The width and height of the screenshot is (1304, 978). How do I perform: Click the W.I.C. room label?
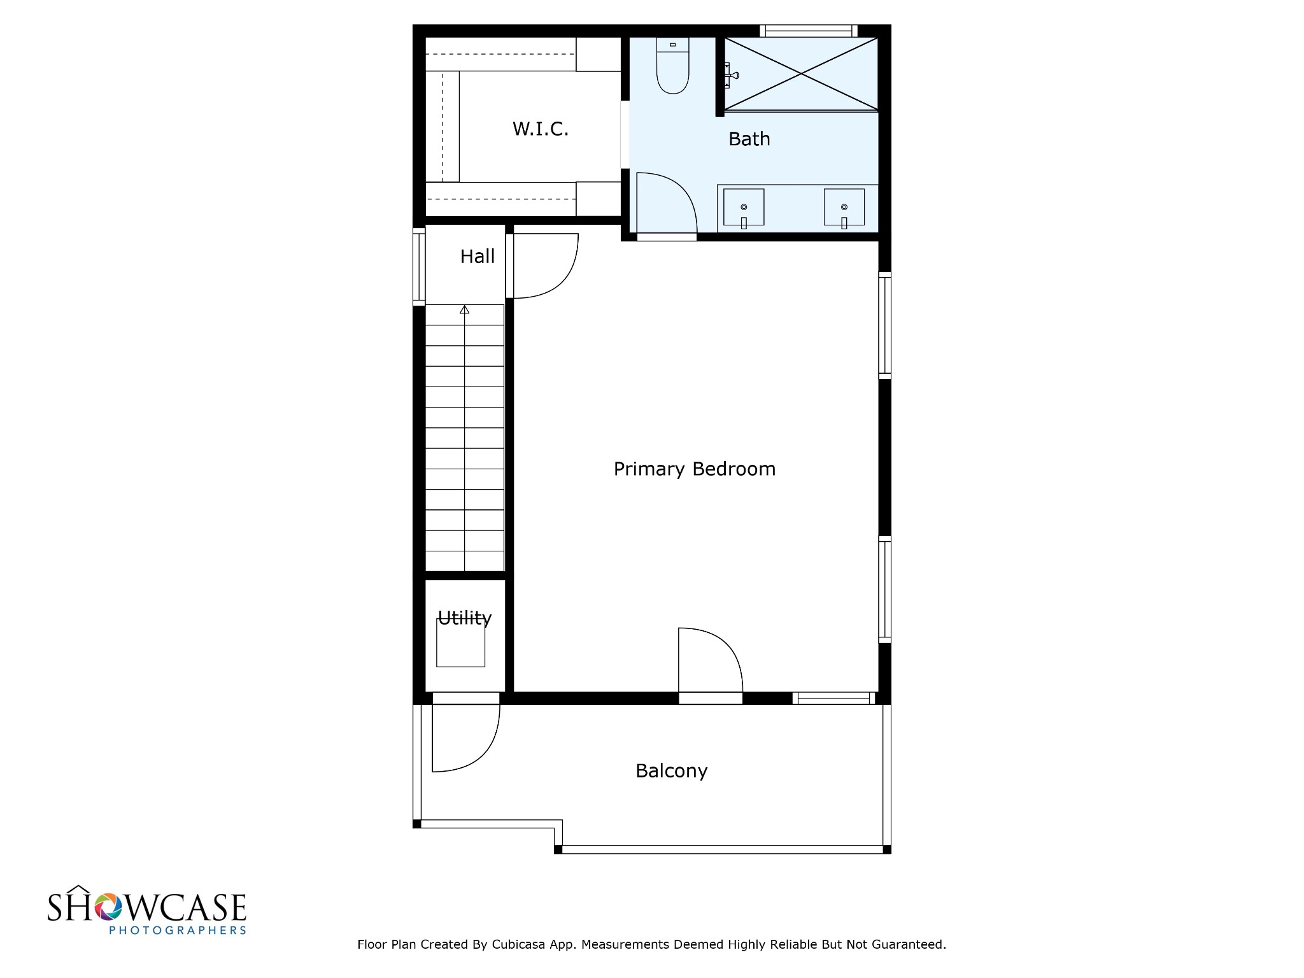click(540, 129)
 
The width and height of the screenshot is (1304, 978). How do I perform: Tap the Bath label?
click(749, 139)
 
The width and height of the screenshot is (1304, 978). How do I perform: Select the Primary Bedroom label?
click(694, 469)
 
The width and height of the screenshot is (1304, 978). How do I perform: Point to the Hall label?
click(477, 257)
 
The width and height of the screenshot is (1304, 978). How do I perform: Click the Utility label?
click(464, 618)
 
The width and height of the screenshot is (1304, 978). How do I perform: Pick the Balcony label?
click(671, 771)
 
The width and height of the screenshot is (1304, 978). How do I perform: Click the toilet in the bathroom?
click(672, 66)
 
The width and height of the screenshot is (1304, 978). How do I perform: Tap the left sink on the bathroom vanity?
click(744, 208)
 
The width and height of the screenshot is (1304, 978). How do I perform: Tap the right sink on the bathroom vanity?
click(844, 208)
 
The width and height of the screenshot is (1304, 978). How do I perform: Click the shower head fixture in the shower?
click(732, 75)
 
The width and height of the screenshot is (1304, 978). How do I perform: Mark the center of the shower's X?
click(801, 74)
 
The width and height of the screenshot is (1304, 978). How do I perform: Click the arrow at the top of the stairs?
click(465, 310)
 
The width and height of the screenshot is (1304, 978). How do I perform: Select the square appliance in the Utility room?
click(460, 642)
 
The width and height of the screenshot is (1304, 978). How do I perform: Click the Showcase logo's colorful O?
click(108, 907)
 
